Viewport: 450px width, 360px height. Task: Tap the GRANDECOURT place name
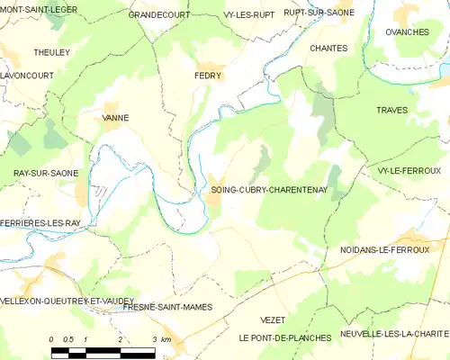(x=161, y=15)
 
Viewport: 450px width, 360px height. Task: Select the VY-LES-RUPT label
(x=224, y=15)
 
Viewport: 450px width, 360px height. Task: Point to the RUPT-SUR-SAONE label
(x=293, y=12)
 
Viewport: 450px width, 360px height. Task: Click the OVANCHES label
(x=407, y=31)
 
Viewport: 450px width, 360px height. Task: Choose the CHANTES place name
(x=328, y=48)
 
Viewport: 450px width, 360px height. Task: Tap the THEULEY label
(x=52, y=53)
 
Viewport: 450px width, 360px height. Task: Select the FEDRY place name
(x=209, y=76)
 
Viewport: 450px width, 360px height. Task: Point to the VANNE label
(x=116, y=117)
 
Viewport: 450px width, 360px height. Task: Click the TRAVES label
(x=392, y=110)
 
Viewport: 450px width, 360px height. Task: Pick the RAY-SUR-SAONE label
(x=45, y=173)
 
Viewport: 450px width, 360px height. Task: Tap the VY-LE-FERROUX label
(x=409, y=170)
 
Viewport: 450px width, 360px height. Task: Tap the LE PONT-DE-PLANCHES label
(x=284, y=337)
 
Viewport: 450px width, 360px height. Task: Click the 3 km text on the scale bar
(x=161, y=338)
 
